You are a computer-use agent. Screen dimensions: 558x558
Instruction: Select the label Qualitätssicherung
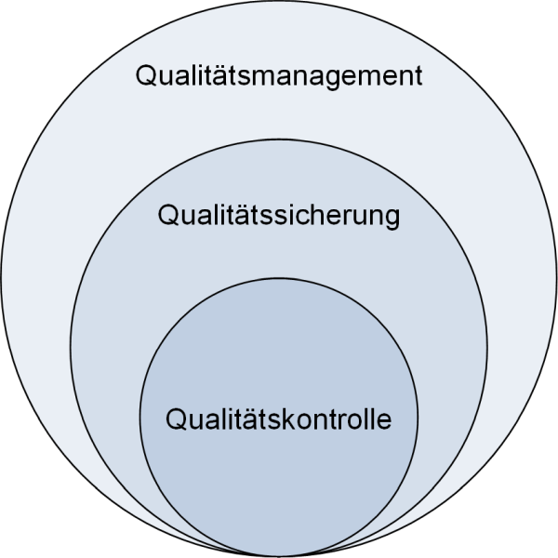tap(279, 217)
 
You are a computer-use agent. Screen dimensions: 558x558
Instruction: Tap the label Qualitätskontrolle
tap(279, 419)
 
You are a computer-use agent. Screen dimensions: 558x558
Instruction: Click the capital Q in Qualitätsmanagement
tap(146, 74)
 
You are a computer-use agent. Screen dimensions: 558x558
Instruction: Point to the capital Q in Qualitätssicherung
tap(168, 216)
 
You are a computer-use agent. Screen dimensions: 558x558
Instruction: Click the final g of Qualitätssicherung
tap(391, 219)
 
